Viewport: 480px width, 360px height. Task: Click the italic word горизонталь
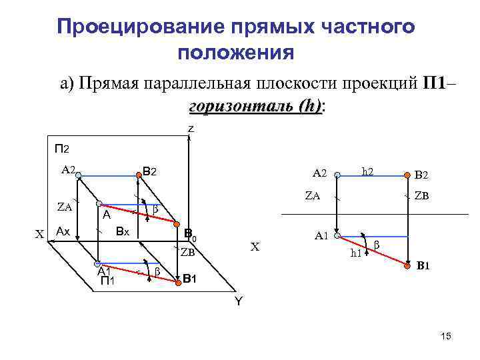click(x=242, y=106)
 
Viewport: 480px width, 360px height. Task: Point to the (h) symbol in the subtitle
click(x=309, y=106)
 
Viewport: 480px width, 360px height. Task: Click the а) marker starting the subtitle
click(x=67, y=85)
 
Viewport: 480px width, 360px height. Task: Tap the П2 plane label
click(x=62, y=148)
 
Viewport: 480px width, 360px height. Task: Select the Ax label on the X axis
click(x=63, y=231)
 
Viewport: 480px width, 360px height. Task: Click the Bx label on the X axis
click(x=122, y=231)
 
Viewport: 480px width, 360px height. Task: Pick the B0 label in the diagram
click(x=191, y=235)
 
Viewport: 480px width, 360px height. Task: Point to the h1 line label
click(x=357, y=252)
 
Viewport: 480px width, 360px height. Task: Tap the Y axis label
click(x=237, y=301)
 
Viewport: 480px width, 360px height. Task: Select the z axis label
click(x=191, y=128)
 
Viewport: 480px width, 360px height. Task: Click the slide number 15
click(x=446, y=337)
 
